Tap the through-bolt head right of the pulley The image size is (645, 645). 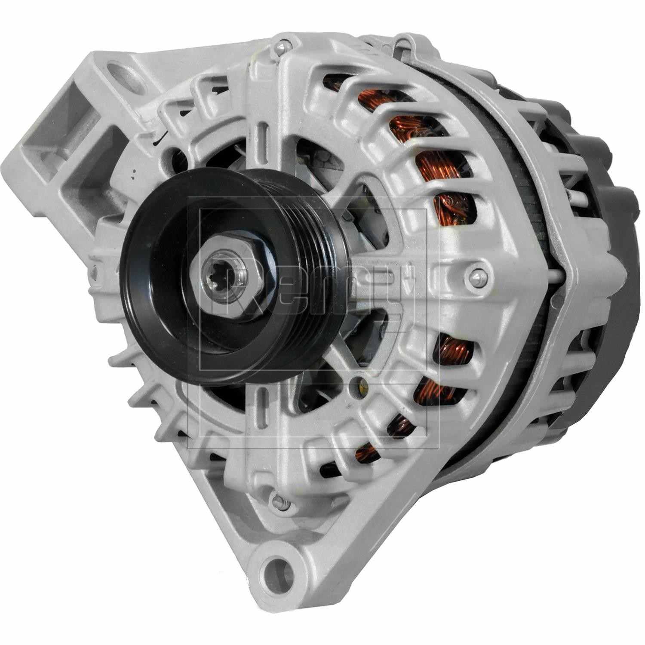point(478,275)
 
